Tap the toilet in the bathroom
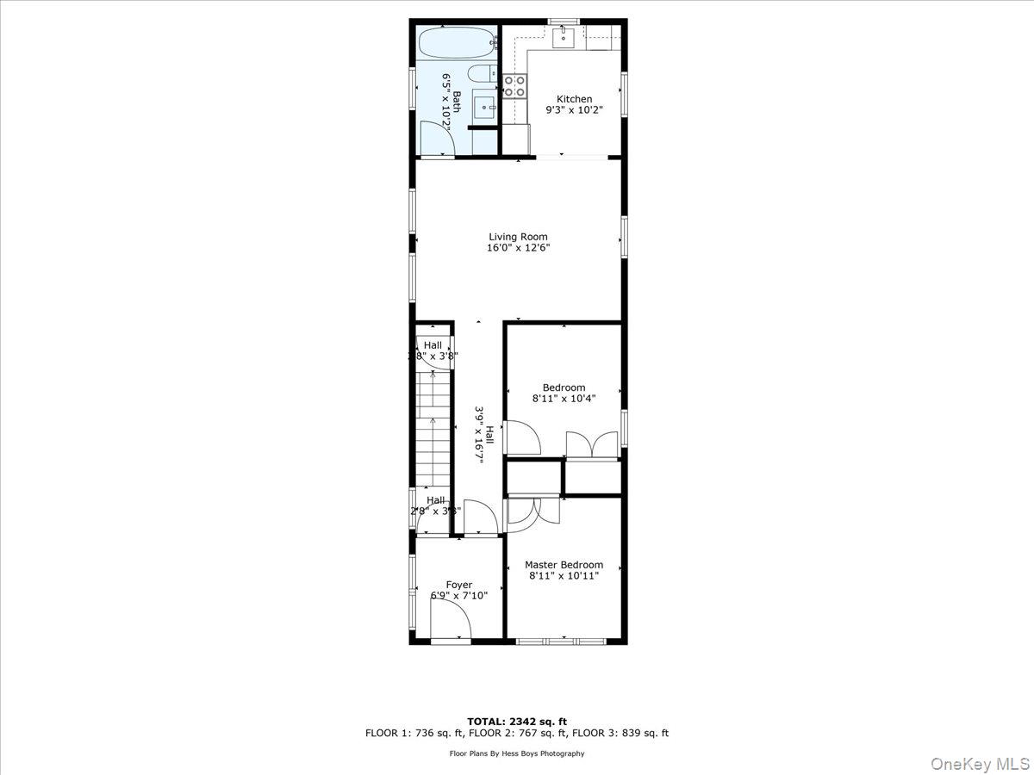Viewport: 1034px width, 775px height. [x=481, y=75]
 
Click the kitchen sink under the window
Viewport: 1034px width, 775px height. [x=564, y=36]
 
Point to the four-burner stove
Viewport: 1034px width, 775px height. [x=514, y=86]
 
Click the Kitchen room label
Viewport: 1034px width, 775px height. [x=574, y=99]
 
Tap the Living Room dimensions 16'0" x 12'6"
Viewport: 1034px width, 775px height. [x=518, y=248]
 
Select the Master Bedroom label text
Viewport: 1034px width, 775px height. [x=564, y=565]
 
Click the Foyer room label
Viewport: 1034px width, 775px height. [x=458, y=585]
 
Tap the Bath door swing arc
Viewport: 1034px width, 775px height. [x=436, y=138]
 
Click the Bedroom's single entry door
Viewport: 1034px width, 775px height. [x=522, y=437]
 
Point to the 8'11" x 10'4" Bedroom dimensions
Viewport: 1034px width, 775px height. [x=564, y=399]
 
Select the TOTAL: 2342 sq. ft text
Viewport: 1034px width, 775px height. [x=517, y=721]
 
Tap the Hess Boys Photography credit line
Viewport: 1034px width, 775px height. [x=517, y=753]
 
